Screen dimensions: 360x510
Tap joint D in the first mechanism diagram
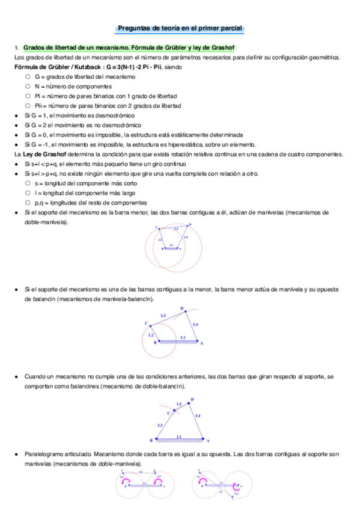pyautogui.click(x=190, y=224)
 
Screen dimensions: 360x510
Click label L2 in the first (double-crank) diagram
pyautogui.click(x=160, y=239)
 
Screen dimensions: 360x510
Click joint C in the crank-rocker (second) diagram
pyautogui.click(x=146, y=324)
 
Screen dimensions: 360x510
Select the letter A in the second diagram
pyautogui.click(x=201, y=343)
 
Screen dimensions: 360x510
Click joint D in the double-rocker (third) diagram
pyautogui.click(x=192, y=400)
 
